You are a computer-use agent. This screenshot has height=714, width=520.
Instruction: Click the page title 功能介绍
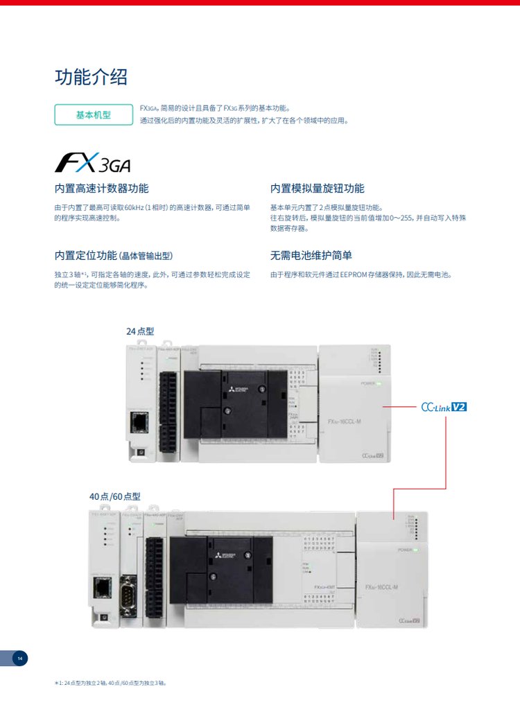[91, 77]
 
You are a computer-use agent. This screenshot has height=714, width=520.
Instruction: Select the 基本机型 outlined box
[93, 114]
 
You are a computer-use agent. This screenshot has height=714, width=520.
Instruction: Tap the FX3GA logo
[92, 163]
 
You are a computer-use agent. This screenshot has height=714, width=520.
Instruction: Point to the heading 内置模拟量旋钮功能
[317, 189]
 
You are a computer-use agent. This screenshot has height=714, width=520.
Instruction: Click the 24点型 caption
[140, 331]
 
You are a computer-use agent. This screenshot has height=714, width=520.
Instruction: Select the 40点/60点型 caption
[114, 496]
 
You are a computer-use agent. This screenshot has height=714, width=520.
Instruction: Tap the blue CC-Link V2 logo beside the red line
[444, 407]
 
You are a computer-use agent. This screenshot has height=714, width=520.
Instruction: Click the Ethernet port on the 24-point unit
[139, 421]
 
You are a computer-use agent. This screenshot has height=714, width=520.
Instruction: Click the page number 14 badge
[20, 658]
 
